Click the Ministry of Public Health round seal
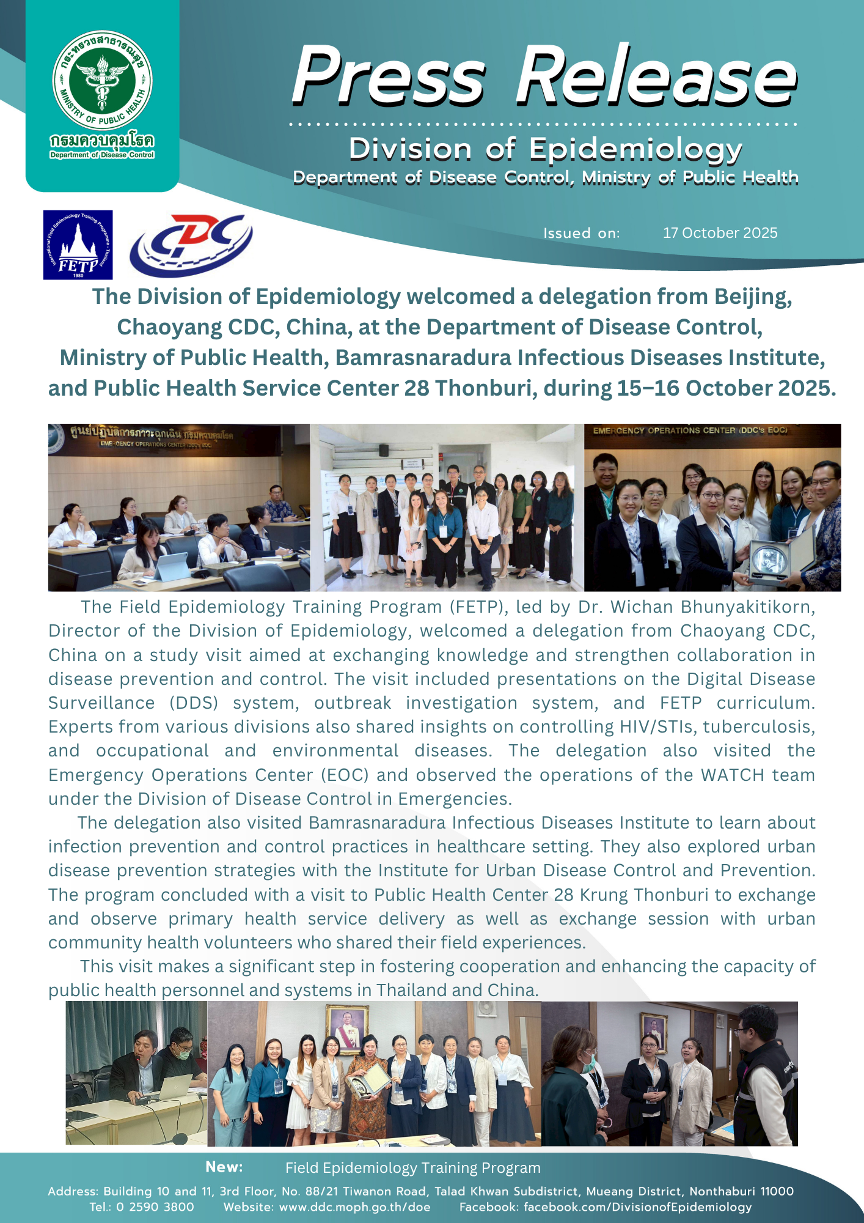point(102,80)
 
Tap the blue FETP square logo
point(78,245)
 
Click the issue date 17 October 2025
point(720,233)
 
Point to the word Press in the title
point(389,76)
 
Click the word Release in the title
point(656,76)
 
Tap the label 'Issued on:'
point(581,233)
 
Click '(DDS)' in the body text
point(194,703)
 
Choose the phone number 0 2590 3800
point(155,1207)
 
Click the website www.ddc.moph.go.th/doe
point(354,1207)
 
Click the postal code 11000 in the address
point(776,1191)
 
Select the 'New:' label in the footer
point(224,1167)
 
